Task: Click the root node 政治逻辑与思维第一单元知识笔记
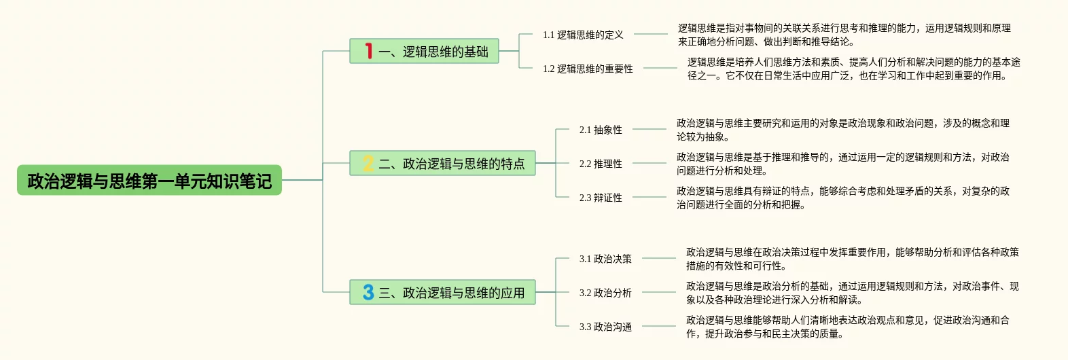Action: pos(149,181)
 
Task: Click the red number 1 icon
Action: pos(368,51)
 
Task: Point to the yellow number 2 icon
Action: pos(368,163)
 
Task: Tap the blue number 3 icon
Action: pos(368,292)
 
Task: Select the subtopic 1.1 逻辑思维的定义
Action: pos(583,35)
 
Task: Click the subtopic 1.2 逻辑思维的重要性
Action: pos(588,69)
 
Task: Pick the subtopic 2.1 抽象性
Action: pos(601,130)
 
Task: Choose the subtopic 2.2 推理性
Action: pos(601,164)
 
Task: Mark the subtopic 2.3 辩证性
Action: pos(601,198)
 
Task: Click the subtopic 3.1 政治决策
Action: pos(605,259)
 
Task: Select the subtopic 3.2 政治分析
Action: pos(605,293)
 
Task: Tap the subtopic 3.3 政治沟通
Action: pos(605,327)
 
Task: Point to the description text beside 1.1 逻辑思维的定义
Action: pos(844,35)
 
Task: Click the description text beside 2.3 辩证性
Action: pos(842,198)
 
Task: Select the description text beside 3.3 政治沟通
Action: pos(847,327)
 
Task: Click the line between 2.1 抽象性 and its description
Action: pos(649,129)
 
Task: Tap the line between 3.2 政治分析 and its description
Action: pos(658,292)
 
